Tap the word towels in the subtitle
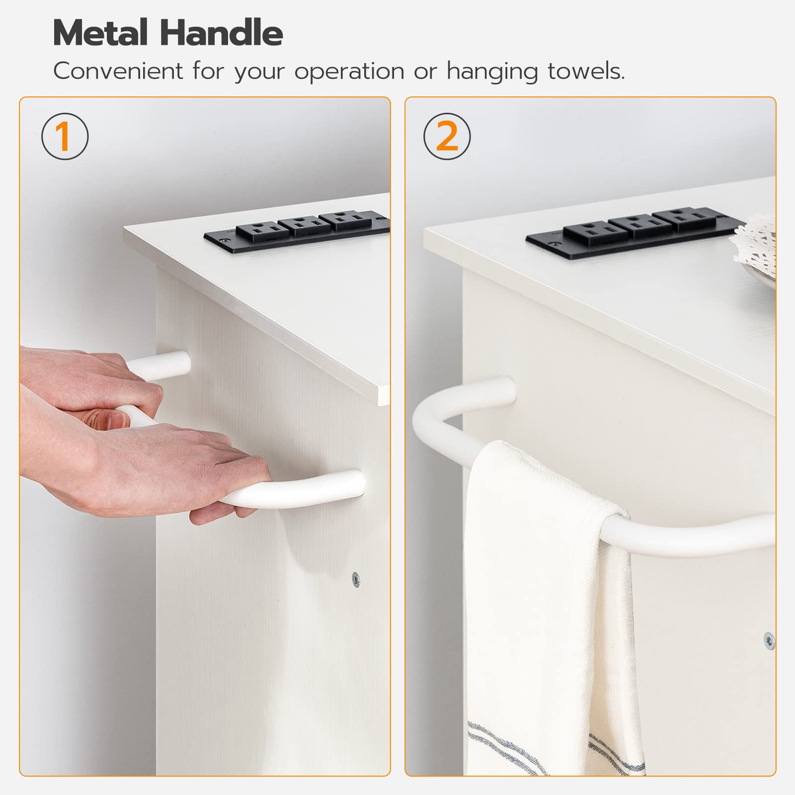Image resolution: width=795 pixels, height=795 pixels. [586, 71]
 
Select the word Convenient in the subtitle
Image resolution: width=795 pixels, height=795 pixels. [119, 71]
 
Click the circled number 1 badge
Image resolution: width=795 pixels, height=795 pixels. [65, 136]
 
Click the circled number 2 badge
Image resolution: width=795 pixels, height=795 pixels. [447, 136]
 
